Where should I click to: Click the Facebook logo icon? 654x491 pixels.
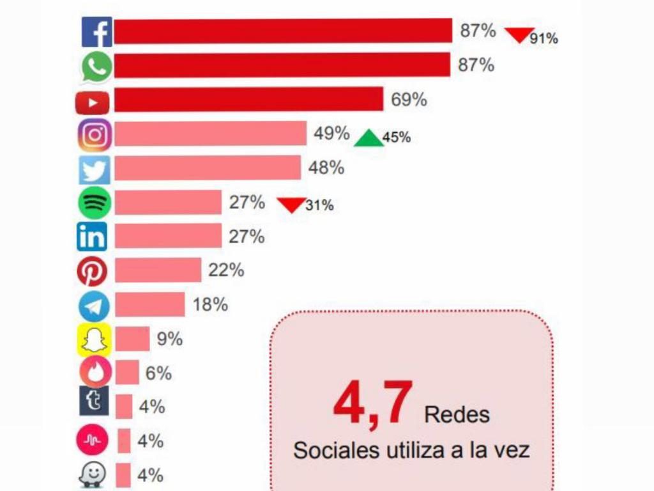tap(96, 32)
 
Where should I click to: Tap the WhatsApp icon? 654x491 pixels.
tap(96, 67)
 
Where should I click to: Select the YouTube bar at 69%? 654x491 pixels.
tap(249, 100)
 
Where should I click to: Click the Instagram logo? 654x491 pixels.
tap(95, 135)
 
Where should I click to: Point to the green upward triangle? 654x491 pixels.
tap(370, 138)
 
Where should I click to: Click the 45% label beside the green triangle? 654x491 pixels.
tap(397, 137)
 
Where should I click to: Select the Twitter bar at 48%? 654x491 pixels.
tap(208, 168)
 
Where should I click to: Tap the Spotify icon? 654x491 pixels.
tap(95, 203)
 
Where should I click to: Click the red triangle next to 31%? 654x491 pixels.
tap(291, 205)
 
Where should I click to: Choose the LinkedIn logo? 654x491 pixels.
tap(92, 238)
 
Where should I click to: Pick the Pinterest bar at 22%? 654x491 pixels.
tap(158, 270)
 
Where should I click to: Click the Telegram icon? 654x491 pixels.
tap(94, 306)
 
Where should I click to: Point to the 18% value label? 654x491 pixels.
tap(210, 305)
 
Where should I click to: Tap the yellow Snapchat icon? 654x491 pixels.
tap(94, 339)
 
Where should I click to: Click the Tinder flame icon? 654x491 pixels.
tap(95, 372)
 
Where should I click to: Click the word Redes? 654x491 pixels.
tap(457, 414)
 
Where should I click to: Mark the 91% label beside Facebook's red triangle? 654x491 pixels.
tap(544, 39)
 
